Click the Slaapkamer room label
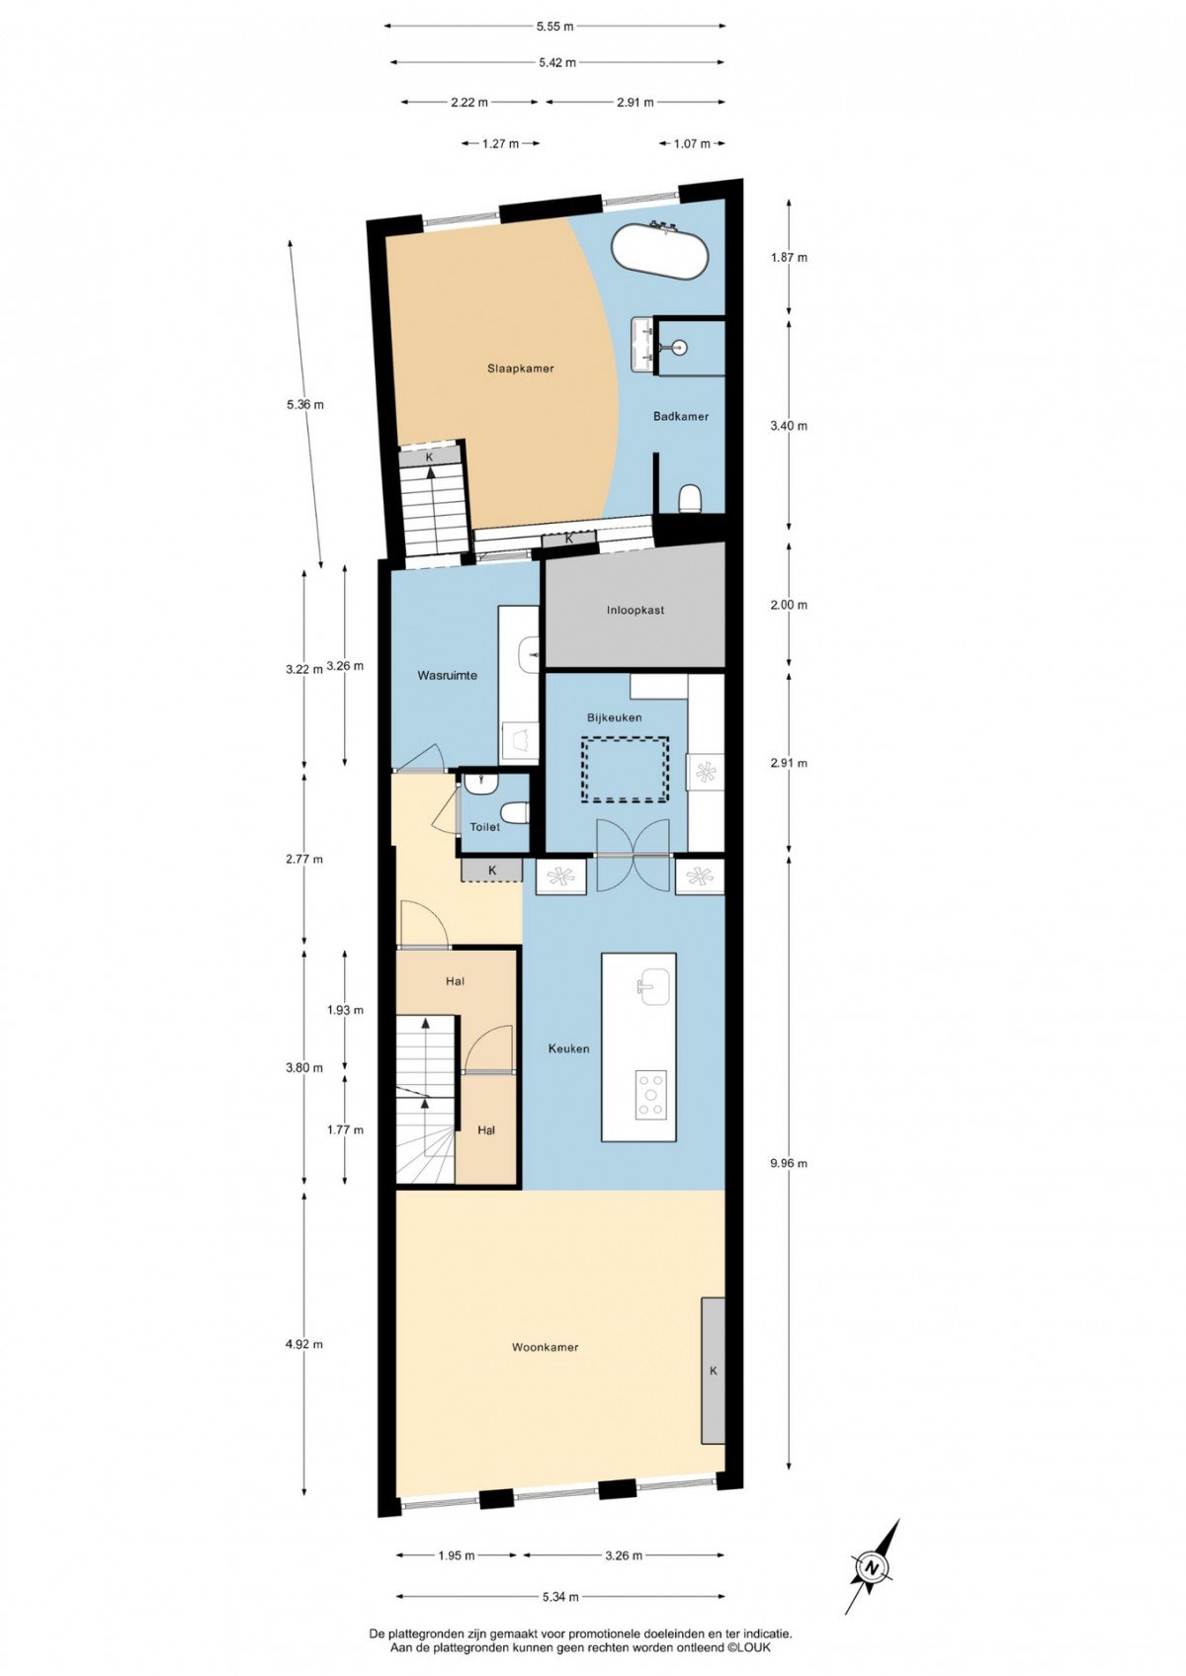coord(520,369)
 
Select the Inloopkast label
coord(635,610)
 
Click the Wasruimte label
coord(447,675)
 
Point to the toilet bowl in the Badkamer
coord(689,498)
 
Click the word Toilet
coord(485,827)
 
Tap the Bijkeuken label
coord(614,716)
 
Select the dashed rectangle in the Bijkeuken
coord(625,770)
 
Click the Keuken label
coord(568,1048)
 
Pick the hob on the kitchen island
coord(651,1095)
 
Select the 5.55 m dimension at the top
coord(554,26)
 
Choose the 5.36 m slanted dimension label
coord(305,405)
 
